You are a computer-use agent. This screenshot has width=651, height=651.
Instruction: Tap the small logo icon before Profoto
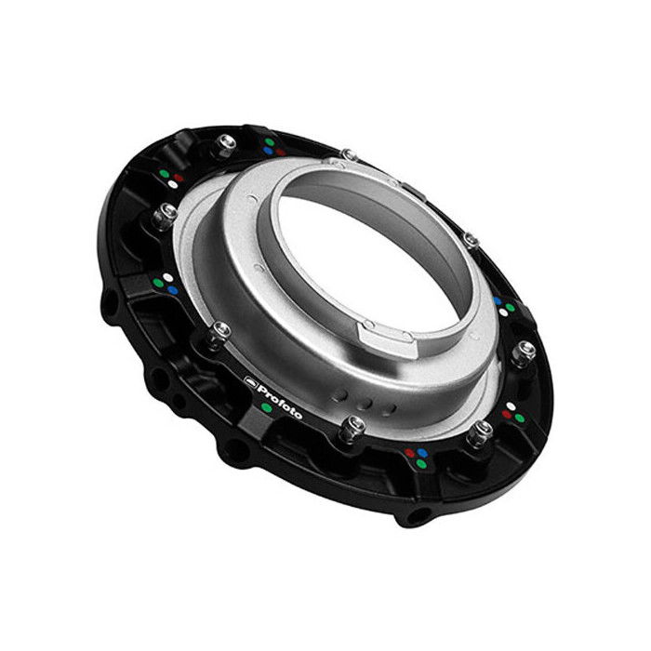point(250,379)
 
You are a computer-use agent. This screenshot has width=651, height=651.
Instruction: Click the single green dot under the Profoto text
point(267,407)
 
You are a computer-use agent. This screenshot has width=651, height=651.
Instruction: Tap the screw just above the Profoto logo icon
point(220,332)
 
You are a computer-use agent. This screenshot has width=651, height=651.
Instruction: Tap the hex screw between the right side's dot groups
point(525,351)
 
